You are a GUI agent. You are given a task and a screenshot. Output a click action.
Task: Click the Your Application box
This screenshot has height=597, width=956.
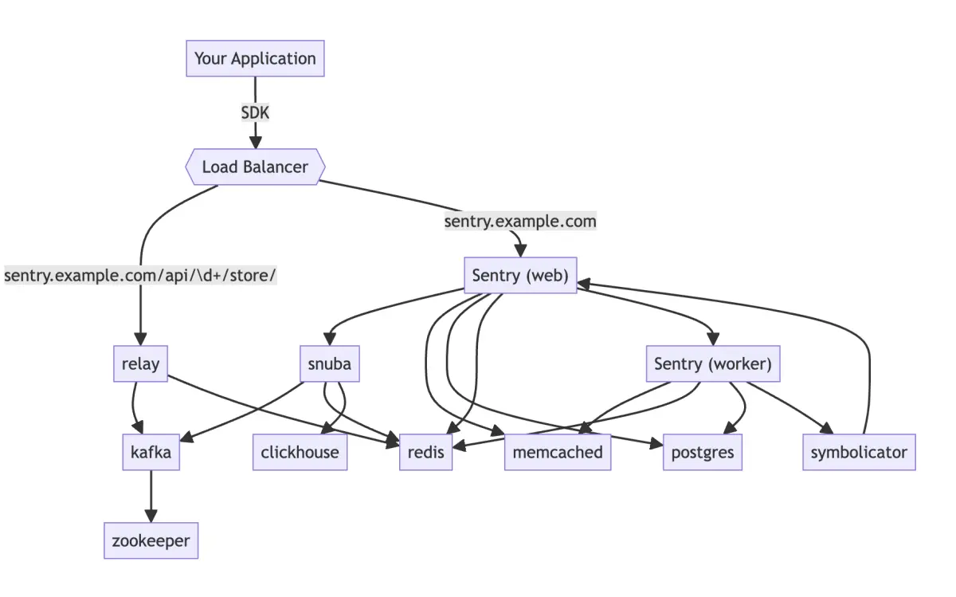click(255, 58)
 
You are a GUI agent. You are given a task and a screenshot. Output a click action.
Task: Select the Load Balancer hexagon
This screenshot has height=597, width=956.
click(255, 167)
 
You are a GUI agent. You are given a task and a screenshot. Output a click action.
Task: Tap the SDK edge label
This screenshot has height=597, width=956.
click(255, 112)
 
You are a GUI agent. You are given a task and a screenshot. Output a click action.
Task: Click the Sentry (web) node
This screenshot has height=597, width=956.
click(520, 276)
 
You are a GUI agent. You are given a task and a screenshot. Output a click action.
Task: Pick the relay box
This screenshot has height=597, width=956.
click(140, 363)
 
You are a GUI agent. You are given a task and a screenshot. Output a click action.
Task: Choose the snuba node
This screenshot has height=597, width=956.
click(330, 363)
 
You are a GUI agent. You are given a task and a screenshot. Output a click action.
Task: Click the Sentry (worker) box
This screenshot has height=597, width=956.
click(713, 363)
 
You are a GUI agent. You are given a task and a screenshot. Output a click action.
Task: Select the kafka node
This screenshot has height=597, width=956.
click(151, 452)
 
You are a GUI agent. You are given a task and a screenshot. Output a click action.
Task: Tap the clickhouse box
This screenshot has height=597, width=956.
click(300, 452)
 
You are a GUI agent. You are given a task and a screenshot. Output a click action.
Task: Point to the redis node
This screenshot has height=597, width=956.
click(426, 452)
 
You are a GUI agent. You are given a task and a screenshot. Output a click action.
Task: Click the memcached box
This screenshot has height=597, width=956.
click(558, 452)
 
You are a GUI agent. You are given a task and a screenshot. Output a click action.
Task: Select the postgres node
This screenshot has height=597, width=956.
click(703, 452)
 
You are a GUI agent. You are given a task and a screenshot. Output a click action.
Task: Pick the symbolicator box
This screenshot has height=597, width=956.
click(859, 452)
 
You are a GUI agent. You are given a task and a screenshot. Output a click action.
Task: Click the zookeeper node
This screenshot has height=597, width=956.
click(151, 540)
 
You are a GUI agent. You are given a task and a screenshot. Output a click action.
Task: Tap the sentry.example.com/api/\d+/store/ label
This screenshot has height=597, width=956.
click(140, 276)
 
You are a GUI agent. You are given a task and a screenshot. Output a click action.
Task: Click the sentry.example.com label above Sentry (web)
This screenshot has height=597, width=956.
click(520, 222)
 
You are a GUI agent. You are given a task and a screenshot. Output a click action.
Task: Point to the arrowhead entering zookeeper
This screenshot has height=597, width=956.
click(151, 516)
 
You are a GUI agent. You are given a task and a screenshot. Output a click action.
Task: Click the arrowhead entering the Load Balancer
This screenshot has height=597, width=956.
click(255, 143)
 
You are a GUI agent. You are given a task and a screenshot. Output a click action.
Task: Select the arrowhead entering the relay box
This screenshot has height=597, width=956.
click(140, 339)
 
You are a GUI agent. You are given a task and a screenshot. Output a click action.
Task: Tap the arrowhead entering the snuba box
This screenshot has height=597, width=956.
click(330, 339)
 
